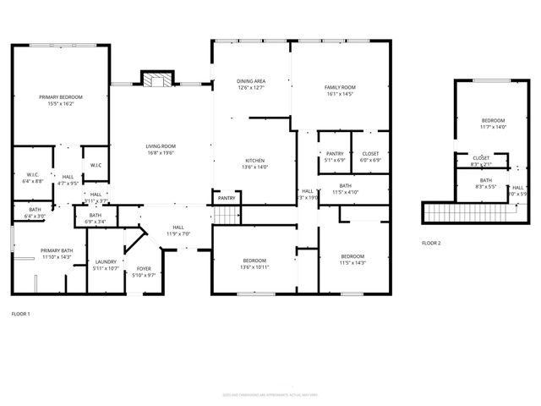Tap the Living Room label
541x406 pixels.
coord(160,146)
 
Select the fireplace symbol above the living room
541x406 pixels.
coord(156,80)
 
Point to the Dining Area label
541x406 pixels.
coord(251,81)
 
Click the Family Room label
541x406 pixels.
coord(340,87)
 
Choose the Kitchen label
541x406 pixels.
coord(255,161)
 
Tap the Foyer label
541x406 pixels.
coord(145,269)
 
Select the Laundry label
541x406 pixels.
coord(106,262)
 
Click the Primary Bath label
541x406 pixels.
coord(57,251)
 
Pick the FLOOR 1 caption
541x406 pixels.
coord(20,314)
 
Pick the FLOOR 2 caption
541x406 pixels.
coord(431,243)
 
